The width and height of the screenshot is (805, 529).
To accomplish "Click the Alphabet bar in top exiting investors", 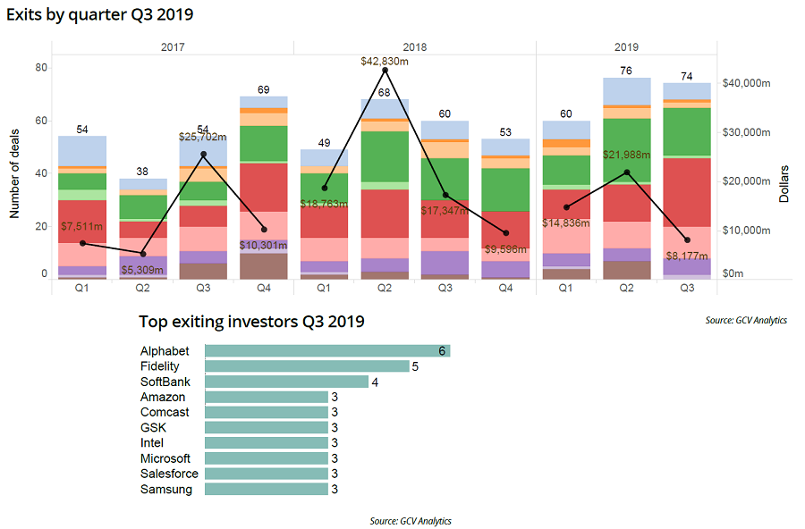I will [327, 351].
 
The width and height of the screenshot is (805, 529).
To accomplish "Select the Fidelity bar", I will [307, 366].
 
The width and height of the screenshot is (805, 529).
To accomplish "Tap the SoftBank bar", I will [286, 382].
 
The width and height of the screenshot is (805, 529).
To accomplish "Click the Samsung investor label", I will [165, 489].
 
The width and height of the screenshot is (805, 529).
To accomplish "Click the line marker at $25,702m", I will [203, 155].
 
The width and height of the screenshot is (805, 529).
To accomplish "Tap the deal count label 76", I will [626, 71].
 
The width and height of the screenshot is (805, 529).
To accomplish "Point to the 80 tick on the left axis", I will [41, 67].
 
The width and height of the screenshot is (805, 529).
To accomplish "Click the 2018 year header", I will [414, 46].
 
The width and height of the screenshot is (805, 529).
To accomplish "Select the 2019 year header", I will [626, 46].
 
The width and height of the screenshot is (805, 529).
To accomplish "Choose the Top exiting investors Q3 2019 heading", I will [251, 322].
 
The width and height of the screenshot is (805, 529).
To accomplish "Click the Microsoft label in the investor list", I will [165, 458].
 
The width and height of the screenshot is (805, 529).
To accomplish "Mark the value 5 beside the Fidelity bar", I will [415, 366].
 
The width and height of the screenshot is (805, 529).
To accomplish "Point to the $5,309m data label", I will [143, 270].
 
